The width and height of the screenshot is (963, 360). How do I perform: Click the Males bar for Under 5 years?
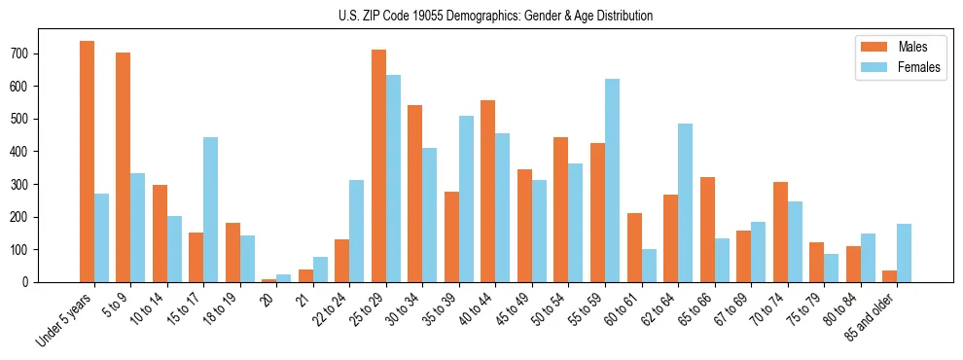[87, 162]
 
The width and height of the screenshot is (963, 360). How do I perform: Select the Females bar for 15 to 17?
[211, 209]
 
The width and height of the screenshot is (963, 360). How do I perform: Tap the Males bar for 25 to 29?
[378, 165]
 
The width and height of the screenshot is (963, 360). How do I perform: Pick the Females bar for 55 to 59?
[612, 180]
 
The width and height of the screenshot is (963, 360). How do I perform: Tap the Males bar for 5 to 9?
[124, 167]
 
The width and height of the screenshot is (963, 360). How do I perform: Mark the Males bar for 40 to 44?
[488, 191]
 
